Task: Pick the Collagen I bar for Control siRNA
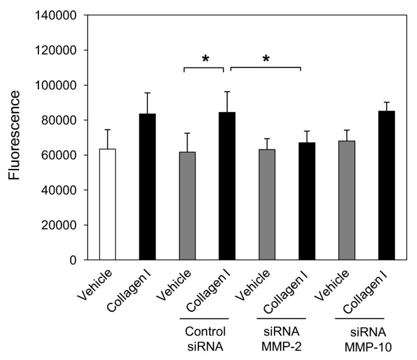click(x=227, y=186)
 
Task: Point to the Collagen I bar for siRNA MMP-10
click(x=387, y=185)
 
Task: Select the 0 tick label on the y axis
click(x=73, y=260)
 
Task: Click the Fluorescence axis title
click(x=17, y=135)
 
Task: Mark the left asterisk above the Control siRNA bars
click(x=205, y=59)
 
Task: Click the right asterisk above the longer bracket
click(x=265, y=59)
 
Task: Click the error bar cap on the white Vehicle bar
click(x=107, y=130)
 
